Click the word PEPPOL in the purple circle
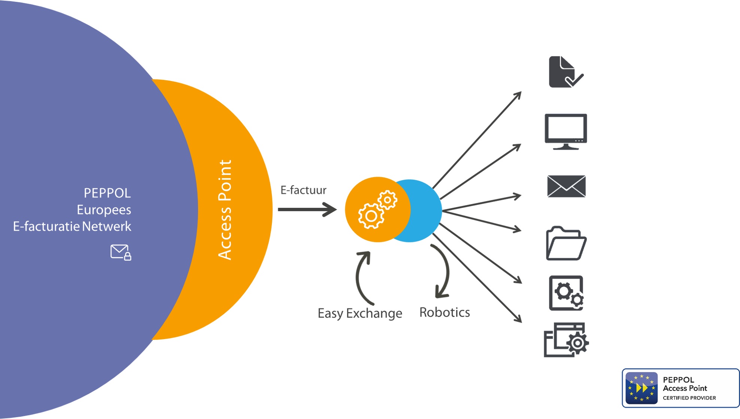click(x=107, y=193)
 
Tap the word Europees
click(x=104, y=210)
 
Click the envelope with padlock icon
click(x=121, y=252)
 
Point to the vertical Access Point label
click(x=225, y=210)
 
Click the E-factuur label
click(x=303, y=190)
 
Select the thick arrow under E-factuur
click(x=307, y=209)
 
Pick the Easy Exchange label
click(x=360, y=313)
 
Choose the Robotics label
click(x=445, y=312)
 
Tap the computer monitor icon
click(x=565, y=131)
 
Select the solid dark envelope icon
click(x=566, y=186)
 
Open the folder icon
click(x=566, y=243)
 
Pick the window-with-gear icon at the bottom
click(x=566, y=340)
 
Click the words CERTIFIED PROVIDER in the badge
click(x=689, y=398)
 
